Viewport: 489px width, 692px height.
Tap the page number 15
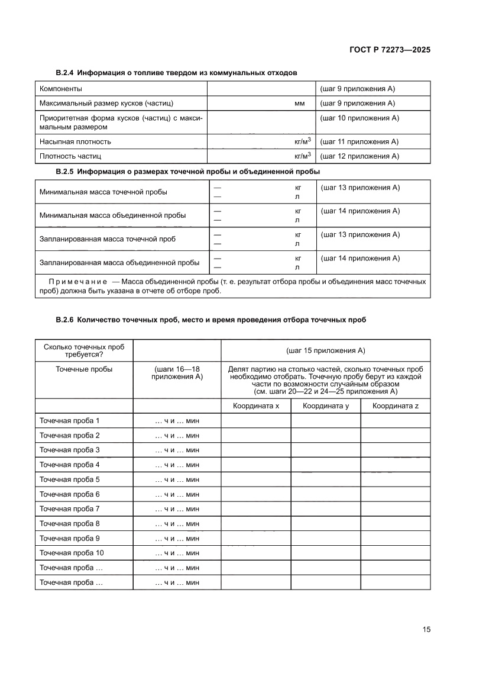[x=426, y=629]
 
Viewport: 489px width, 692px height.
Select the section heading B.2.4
[x=176, y=72]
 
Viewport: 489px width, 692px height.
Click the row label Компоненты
[x=61, y=89]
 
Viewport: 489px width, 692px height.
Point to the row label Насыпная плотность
[x=75, y=141]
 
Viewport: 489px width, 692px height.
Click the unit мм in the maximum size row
[x=300, y=104]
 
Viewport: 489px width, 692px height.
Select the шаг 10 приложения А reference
[x=360, y=118]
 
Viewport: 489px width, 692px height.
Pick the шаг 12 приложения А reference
[x=360, y=156]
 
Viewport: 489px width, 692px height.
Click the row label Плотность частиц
[x=70, y=156]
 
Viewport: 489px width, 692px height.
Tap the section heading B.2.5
[x=188, y=171]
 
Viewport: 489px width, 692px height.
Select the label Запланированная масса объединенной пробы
[x=119, y=262]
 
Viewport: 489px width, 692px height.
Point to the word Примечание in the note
[x=77, y=281]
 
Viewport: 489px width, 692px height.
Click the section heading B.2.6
[x=211, y=320]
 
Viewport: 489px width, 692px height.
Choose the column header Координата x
[x=255, y=405]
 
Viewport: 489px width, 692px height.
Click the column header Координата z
[x=396, y=405]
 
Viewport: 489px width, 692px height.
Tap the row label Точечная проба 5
[x=70, y=479]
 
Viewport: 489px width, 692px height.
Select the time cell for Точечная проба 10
[x=177, y=553]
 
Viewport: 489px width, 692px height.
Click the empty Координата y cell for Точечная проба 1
[x=325, y=420]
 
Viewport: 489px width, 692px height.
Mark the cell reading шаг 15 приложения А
[x=325, y=350]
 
